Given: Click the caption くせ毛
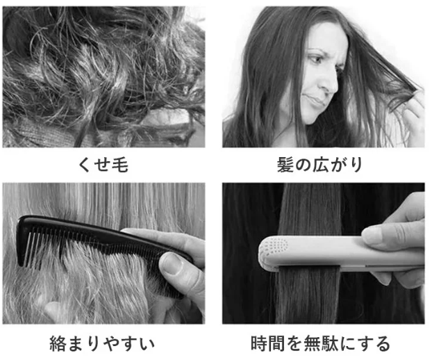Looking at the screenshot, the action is click(x=103, y=165).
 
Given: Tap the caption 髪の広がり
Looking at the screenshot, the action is click(x=319, y=165).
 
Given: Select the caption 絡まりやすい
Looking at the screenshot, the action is click(x=102, y=343).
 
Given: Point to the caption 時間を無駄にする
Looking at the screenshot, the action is click(x=320, y=343).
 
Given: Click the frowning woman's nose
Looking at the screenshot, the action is click(x=329, y=83).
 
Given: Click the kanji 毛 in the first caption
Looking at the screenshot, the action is click(x=120, y=165).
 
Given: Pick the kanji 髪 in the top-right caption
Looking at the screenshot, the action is click(x=285, y=165).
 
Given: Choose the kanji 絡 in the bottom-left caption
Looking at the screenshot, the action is click(x=58, y=343).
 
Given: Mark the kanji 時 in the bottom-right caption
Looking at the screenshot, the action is click(x=259, y=343).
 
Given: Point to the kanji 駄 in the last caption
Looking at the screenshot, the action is click(x=329, y=343).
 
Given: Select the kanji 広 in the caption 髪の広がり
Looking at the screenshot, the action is click(x=319, y=165).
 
